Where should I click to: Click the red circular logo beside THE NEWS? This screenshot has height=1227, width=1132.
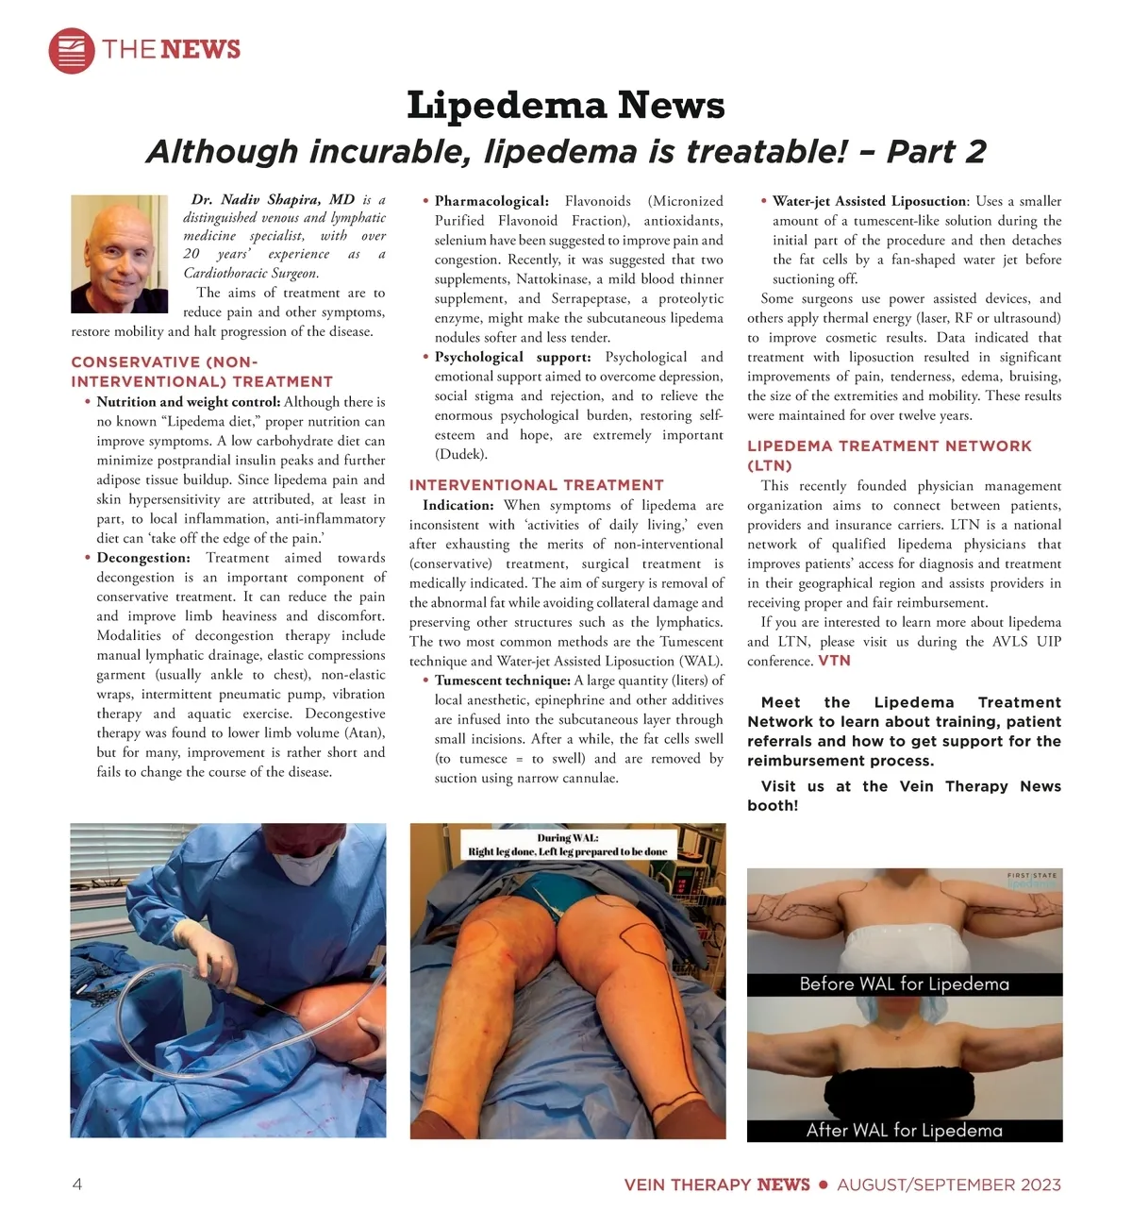click(x=72, y=50)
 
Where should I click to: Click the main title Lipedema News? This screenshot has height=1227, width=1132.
click(x=565, y=105)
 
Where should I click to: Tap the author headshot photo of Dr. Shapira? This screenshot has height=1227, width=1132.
click(x=119, y=254)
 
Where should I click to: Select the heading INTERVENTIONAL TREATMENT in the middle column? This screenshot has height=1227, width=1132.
click(x=536, y=485)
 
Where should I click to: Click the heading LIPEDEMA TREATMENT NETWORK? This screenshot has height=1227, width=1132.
click(x=889, y=446)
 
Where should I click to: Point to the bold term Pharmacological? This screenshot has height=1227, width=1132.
click(x=491, y=201)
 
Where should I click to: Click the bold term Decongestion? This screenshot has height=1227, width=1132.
click(x=143, y=558)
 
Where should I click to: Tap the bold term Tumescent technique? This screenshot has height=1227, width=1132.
click(x=502, y=681)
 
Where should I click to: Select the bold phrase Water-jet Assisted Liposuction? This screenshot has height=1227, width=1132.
click(x=869, y=201)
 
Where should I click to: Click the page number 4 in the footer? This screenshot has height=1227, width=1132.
click(x=77, y=1185)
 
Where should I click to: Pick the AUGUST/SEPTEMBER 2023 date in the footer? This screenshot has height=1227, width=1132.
click(x=949, y=1185)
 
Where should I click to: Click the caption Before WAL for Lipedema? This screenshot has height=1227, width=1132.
click(x=904, y=984)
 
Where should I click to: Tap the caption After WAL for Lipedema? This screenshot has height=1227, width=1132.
click(x=904, y=1131)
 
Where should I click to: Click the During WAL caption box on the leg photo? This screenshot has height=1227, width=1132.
click(x=567, y=845)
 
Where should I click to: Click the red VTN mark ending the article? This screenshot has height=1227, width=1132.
click(x=834, y=661)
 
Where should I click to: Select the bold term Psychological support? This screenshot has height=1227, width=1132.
click(x=512, y=357)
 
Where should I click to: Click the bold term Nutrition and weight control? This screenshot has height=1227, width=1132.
click(x=188, y=401)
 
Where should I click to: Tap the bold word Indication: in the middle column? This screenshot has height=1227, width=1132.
click(x=458, y=505)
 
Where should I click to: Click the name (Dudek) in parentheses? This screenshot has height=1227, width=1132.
click(x=461, y=454)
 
